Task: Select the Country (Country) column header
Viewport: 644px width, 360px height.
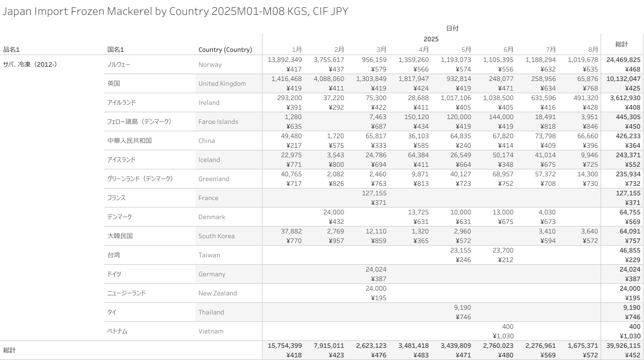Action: tap(225, 50)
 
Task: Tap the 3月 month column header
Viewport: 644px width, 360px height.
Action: tap(382, 50)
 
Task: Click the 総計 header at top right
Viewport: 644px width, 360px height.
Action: tap(622, 44)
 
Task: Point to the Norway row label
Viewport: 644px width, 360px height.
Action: tap(210, 65)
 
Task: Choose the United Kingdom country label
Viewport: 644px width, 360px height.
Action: tap(222, 84)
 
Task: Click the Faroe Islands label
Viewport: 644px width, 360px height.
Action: tap(218, 122)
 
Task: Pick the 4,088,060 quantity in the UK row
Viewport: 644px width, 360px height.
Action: tap(329, 79)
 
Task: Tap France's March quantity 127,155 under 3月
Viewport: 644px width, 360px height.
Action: tap(374, 193)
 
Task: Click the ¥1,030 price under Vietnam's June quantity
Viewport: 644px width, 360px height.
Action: tap(503, 336)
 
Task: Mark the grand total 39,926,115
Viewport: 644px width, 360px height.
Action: tap(621, 346)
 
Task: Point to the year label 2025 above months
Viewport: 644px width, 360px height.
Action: tap(431, 39)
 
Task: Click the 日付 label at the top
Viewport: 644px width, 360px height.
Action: tap(452, 28)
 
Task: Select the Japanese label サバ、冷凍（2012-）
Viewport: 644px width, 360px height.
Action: tap(30, 65)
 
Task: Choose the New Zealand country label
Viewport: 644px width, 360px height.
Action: tap(217, 293)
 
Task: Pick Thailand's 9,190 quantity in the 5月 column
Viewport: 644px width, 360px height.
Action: tap(462, 308)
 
